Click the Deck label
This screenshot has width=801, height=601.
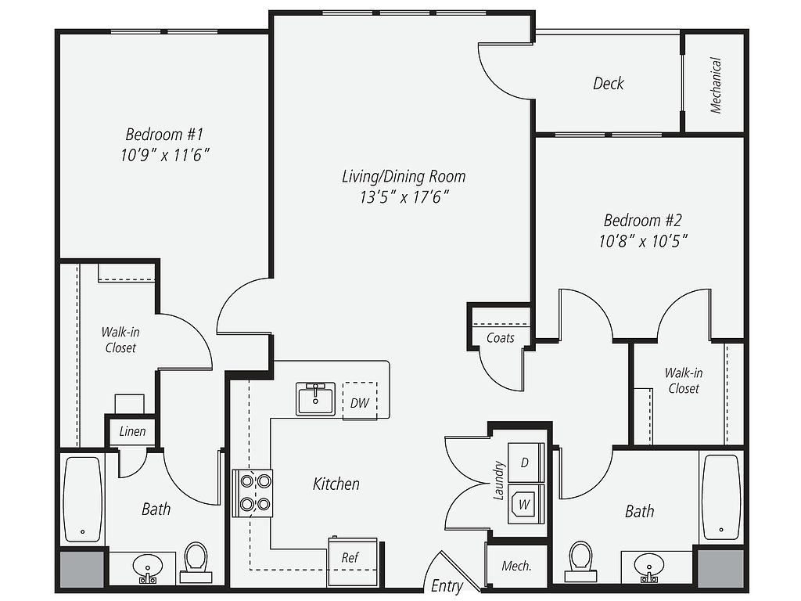[x=609, y=83]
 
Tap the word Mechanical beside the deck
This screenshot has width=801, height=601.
[x=715, y=85]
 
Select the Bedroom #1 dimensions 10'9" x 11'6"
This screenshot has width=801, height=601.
[x=165, y=154]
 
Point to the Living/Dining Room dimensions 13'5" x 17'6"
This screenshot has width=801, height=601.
[x=404, y=196]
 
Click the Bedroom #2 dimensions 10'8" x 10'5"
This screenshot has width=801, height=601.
[x=643, y=240]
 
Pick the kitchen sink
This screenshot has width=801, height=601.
[x=316, y=398]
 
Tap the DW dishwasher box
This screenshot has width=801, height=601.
[x=360, y=401]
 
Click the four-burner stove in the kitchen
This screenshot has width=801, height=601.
[x=253, y=493]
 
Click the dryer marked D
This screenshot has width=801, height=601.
[x=526, y=462]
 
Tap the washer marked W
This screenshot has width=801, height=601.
[x=526, y=505]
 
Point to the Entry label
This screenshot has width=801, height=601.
[x=447, y=585]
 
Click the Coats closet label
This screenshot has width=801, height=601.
[x=500, y=338]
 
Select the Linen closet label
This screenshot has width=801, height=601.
[x=132, y=431]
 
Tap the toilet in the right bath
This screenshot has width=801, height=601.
[x=581, y=561]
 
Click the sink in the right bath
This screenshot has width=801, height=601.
[x=649, y=567]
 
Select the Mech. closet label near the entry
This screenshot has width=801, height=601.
[x=516, y=567]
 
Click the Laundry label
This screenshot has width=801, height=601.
[x=498, y=480]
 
